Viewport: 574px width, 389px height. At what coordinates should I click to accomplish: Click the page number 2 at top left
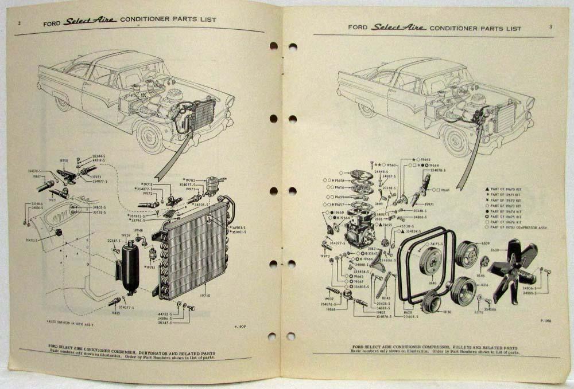click(20, 23)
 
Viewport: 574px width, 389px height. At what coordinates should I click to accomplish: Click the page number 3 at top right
click(550, 27)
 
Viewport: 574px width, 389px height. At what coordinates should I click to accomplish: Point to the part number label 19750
click(64, 162)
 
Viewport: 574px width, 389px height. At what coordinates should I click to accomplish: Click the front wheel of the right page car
click(456, 141)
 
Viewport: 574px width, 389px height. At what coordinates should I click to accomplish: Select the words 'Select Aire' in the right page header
click(397, 27)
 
